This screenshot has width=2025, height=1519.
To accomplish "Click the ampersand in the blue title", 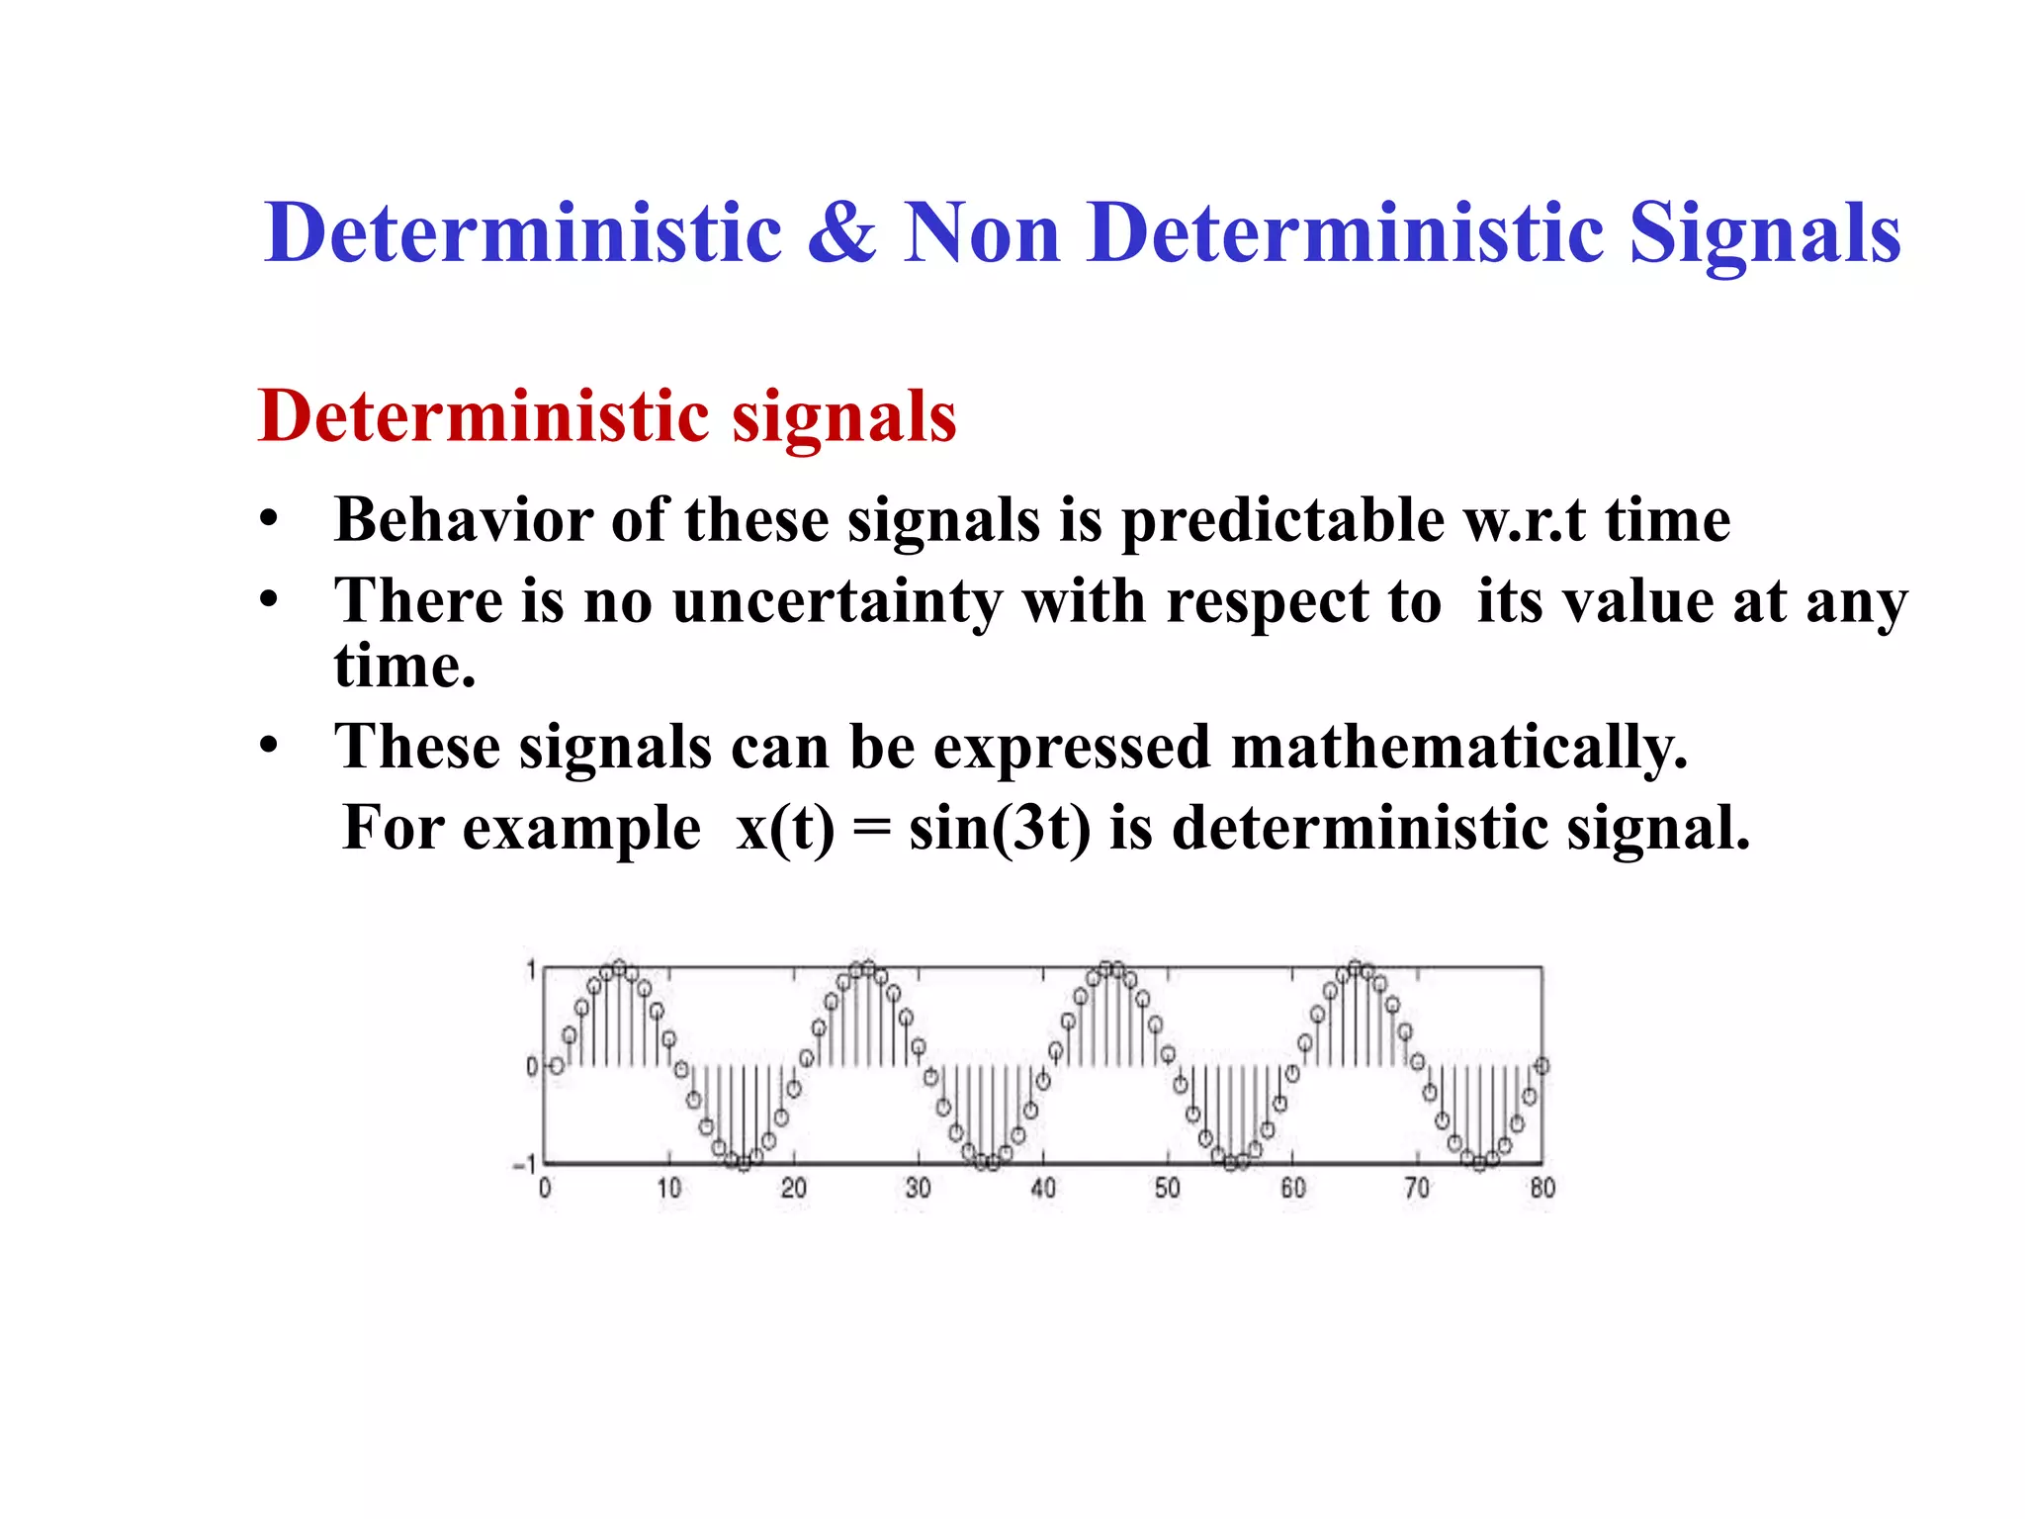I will pyautogui.click(x=841, y=233).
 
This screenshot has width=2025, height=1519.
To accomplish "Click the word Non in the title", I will pyautogui.click(x=981, y=233).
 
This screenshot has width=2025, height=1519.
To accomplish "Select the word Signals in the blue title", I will pyautogui.click(x=1765, y=233).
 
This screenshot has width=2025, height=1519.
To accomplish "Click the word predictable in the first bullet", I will pyautogui.click(x=1281, y=521).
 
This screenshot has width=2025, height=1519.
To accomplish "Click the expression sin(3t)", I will pyautogui.click(x=1000, y=828).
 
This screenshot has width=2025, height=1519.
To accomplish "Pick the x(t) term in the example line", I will pyautogui.click(x=785, y=828).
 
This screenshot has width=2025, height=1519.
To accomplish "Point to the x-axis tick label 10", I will pyautogui.click(x=669, y=1188).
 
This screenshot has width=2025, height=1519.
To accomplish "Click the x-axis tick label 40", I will pyautogui.click(x=1043, y=1188).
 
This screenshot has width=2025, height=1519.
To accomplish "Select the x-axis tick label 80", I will pyautogui.click(x=1542, y=1188).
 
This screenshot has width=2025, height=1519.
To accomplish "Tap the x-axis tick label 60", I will pyautogui.click(x=1292, y=1188).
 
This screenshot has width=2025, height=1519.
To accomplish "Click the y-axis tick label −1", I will pyautogui.click(x=525, y=1165).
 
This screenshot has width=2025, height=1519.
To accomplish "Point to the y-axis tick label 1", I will pyautogui.click(x=531, y=970).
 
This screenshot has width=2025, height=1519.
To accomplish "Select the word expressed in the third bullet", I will pyautogui.click(x=1072, y=747).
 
